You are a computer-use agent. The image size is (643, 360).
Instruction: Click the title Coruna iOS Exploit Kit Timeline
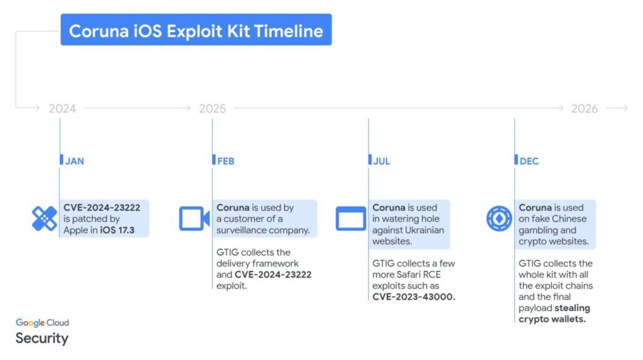196,31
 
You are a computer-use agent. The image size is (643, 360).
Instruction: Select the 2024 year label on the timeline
62,109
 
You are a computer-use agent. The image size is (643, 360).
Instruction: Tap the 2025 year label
212,109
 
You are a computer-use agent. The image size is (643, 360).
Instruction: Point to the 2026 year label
584,109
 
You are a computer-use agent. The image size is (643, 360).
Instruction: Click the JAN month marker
74,161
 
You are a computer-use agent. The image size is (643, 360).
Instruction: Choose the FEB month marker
225,161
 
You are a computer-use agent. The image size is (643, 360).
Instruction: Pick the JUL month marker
381,161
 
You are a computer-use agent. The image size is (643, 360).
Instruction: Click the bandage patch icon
44,219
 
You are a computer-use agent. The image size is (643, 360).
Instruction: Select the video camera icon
194,219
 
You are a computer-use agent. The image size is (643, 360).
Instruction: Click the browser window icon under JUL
350,219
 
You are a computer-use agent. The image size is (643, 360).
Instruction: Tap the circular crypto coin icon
499,219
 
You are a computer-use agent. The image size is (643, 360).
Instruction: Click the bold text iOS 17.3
116,230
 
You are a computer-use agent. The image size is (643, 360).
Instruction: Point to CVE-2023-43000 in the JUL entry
413,297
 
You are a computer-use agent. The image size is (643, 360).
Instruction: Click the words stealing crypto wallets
553,314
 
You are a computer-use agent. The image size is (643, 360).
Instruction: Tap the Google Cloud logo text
42,322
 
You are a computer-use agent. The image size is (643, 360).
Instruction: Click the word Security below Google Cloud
41,338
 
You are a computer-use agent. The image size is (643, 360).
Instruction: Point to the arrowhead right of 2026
624,109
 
